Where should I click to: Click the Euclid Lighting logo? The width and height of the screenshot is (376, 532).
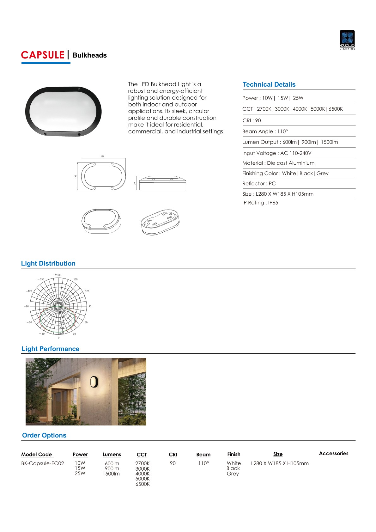pyautogui.click(x=347, y=40)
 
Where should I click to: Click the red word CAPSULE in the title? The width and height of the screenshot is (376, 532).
pyautogui.click(x=43, y=55)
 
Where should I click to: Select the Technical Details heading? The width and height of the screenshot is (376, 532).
pyautogui.click(x=269, y=84)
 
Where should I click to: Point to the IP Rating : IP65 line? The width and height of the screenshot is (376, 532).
pyautogui.click(x=260, y=203)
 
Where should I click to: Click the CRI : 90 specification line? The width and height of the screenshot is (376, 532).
pyautogui.click(x=252, y=120)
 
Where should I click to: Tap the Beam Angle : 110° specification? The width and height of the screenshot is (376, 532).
pyautogui.click(x=265, y=131)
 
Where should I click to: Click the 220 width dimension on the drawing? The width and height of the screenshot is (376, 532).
pyautogui.click(x=102, y=156)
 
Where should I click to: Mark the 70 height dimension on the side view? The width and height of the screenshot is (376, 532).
pyautogui.click(x=135, y=183)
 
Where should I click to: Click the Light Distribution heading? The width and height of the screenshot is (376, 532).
pyautogui.click(x=48, y=264)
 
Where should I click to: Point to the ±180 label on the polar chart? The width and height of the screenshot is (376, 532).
pyautogui.click(x=58, y=275)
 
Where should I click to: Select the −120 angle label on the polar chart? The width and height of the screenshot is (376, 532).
pyautogui.click(x=29, y=291)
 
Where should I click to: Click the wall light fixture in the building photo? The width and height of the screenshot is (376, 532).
pyautogui.click(x=94, y=382)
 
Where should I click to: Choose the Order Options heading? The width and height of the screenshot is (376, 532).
pyautogui.click(x=44, y=435)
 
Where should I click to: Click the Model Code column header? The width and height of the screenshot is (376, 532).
pyautogui.click(x=37, y=455)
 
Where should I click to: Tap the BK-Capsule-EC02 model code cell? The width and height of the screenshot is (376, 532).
pyautogui.click(x=43, y=463)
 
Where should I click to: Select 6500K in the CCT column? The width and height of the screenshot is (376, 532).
pyautogui.click(x=143, y=484)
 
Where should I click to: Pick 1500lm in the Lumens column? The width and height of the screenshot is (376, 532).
pyautogui.click(x=111, y=474)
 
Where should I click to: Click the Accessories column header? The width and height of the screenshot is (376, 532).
pyautogui.click(x=333, y=454)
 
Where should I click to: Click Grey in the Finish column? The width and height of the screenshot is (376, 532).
pyautogui.click(x=233, y=474)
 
